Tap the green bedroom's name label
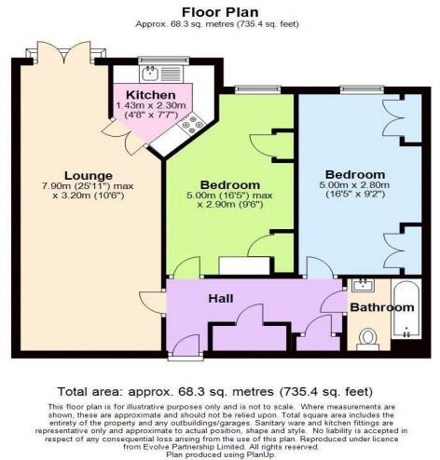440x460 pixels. point(229,184)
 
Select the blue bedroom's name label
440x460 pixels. point(354,174)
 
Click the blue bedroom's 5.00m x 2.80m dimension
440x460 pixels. point(354,186)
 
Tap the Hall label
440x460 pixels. point(221,299)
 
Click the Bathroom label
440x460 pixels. point(378,305)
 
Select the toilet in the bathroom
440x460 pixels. point(367,337)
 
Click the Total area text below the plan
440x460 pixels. point(220,392)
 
